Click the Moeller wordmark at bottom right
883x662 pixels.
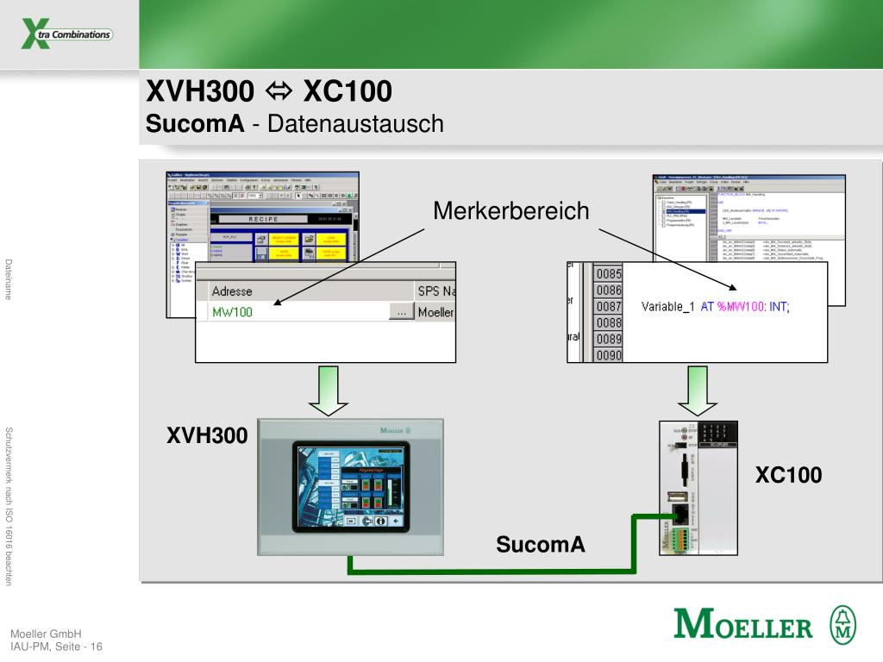pos(742,624)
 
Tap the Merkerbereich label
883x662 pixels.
pos(511,211)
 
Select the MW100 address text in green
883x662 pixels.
pos(233,312)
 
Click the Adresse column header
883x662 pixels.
pos(232,291)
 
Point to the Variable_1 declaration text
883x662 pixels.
pos(715,307)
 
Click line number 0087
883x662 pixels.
pos(608,307)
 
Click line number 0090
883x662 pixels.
pos(608,354)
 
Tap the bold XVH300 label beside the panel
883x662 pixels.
pos(207,436)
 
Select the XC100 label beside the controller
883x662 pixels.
pos(789,475)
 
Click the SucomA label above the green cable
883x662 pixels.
pos(541,544)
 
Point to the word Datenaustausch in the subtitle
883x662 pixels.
pos(355,124)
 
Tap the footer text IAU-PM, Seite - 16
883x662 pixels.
pos(56,646)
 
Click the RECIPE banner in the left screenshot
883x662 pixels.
pos(263,220)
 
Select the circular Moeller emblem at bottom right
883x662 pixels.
pos(842,623)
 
